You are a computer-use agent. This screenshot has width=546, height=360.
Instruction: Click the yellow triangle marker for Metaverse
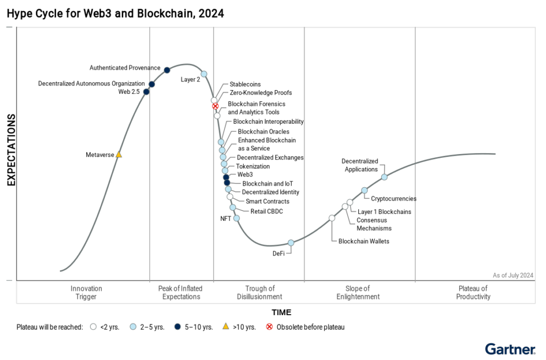119,155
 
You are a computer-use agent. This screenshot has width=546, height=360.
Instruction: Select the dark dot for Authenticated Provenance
167,70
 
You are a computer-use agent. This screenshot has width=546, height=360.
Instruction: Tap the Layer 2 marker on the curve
204,74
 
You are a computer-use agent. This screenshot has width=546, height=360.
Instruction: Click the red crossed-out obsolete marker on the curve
215,106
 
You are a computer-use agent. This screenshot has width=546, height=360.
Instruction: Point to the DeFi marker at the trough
291,243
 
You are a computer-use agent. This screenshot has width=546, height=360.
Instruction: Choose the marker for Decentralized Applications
384,177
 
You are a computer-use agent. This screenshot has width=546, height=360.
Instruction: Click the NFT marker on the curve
237,218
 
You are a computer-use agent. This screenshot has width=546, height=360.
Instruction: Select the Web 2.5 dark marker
147,92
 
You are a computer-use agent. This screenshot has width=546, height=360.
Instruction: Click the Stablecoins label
245,84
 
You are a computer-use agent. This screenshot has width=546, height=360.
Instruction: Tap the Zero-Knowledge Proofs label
261,93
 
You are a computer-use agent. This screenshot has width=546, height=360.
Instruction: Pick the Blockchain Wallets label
364,242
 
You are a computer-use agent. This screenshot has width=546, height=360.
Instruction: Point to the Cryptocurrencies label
394,199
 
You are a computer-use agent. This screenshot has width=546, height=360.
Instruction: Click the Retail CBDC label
267,212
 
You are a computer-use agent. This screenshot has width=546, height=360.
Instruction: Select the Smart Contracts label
268,202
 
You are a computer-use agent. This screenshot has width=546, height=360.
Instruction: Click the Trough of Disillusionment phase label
260,293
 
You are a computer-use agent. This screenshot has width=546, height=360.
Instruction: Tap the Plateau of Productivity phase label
473,293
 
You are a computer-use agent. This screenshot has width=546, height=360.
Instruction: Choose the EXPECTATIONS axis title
11,154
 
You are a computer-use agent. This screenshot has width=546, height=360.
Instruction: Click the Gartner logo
510,350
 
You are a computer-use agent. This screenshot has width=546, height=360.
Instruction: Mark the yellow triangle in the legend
226,326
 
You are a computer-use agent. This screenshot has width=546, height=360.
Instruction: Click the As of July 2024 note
513,275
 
